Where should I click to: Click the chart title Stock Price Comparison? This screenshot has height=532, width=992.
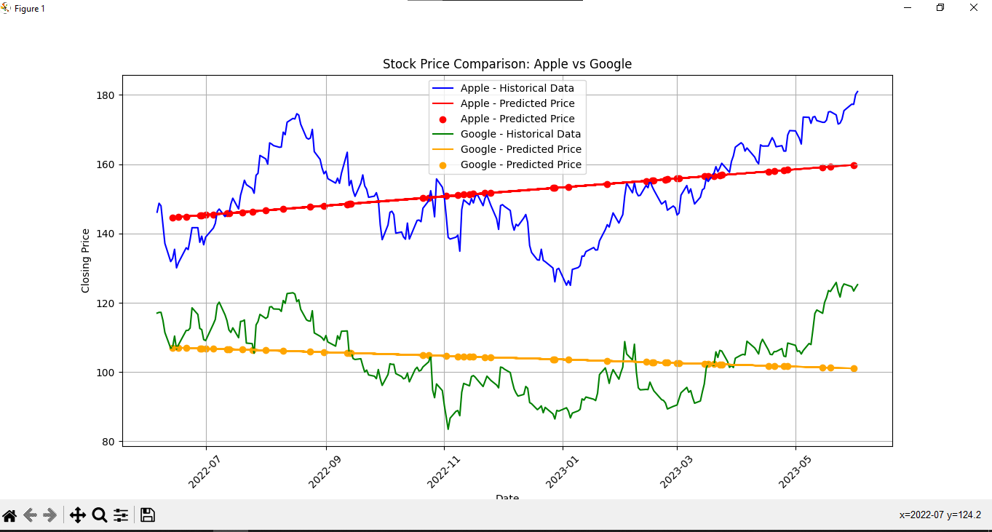507,64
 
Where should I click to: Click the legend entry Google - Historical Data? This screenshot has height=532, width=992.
520,134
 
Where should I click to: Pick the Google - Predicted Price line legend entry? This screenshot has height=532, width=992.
520,149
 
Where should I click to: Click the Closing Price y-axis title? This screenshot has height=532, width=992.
86,261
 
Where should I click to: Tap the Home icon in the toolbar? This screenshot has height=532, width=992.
9,515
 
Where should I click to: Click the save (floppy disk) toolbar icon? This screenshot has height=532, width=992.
148,515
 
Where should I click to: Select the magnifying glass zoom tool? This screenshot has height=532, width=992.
100,515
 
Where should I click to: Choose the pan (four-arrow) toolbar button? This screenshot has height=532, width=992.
77,515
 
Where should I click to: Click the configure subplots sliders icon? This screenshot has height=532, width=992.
121,515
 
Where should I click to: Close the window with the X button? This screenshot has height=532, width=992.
973,7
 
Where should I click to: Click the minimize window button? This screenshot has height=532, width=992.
908,7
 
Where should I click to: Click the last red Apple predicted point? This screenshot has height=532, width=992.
854,165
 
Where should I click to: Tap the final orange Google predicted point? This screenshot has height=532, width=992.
854,368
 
